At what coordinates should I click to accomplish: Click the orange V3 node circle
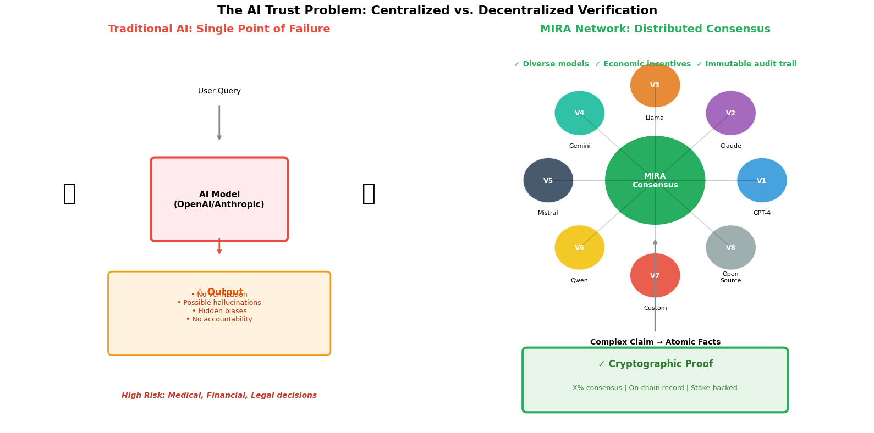pos(655,85)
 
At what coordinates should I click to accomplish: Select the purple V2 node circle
pos(730,113)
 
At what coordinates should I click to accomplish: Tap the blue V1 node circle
pos(762,180)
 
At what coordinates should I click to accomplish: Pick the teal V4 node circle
pos(579,113)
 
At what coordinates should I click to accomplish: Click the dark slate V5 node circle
pos(548,180)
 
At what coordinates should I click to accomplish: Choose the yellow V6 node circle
pos(579,248)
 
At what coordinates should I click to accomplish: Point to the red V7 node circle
pos(655,275)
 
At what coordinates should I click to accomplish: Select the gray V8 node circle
pos(730,248)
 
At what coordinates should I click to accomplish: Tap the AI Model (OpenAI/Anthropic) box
pos(219,199)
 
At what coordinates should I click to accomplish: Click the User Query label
pos(219,91)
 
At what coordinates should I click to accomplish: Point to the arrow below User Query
pos(219,123)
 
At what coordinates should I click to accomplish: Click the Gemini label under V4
pos(580,146)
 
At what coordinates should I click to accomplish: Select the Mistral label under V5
pos(548,213)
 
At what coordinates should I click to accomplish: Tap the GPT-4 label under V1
pos(762,213)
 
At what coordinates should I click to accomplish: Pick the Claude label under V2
pos(730,146)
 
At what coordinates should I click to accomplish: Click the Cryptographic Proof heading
pos(655,364)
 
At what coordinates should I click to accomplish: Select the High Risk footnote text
pos(219,396)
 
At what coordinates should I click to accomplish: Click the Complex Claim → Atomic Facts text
pos(655,342)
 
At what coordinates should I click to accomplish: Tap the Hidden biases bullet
pos(219,311)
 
